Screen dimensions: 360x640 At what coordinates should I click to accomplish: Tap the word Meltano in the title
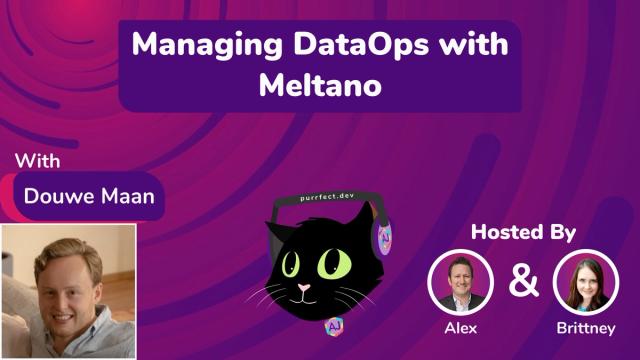coord(320,85)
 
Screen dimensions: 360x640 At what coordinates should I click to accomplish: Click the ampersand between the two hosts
coord(521,280)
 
